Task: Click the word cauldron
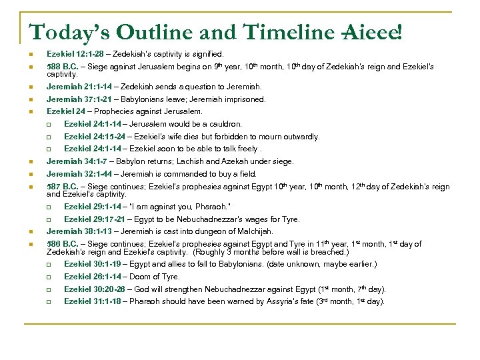pyautogui.click(x=225, y=124)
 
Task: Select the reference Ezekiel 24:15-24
pyautogui.click(x=91, y=137)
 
